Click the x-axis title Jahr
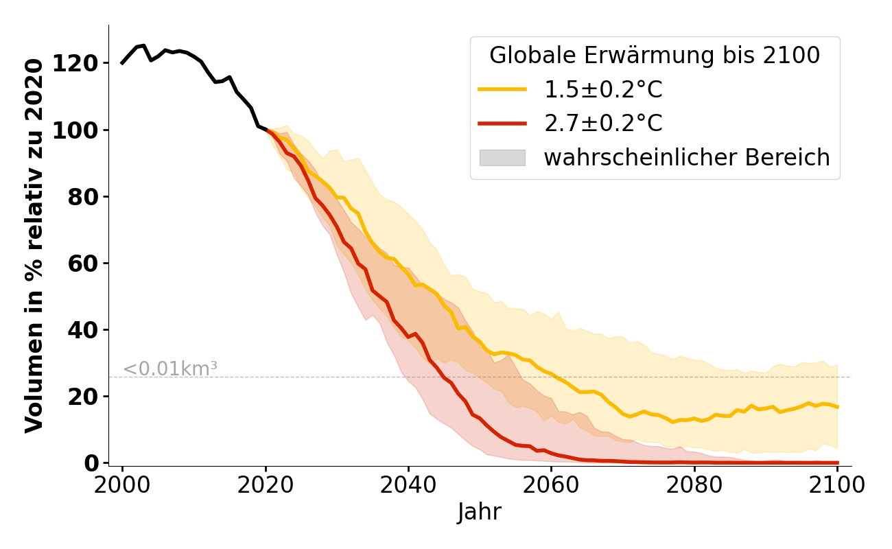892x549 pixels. (x=480, y=513)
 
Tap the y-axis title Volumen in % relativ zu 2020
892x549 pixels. (x=34, y=246)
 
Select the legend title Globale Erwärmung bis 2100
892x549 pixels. (x=655, y=56)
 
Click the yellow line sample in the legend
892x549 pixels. (x=502, y=89)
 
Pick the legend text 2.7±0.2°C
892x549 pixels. (x=603, y=124)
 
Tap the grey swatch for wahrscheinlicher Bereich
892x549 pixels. (x=502, y=158)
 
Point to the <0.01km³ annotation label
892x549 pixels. (x=170, y=369)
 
